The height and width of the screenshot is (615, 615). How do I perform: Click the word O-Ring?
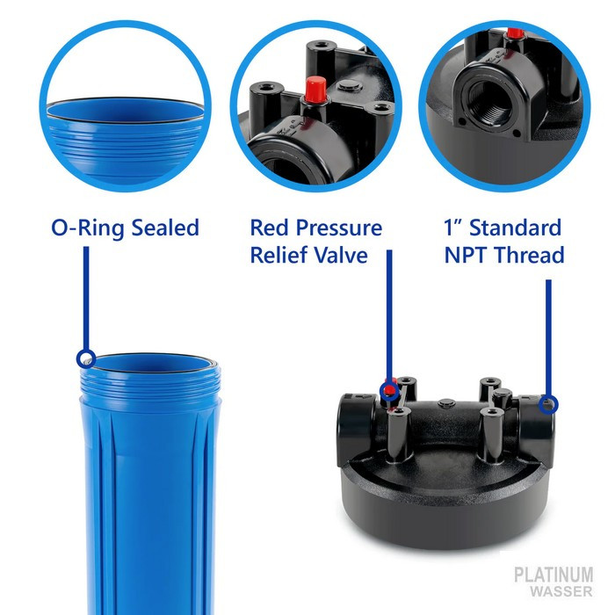tap(88, 228)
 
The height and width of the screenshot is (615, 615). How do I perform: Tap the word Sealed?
tap(165, 228)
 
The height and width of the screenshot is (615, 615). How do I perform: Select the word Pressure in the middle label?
tap(339, 228)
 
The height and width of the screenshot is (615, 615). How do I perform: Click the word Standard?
tap(516, 228)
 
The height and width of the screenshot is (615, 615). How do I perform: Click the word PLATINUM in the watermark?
tap(553, 575)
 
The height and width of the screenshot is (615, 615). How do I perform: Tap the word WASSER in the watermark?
tap(561, 590)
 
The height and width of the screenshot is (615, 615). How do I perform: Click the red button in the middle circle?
tap(315, 88)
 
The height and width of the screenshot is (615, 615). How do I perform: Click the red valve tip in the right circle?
tap(515, 33)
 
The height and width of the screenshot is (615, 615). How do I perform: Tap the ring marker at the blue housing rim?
tap(86, 358)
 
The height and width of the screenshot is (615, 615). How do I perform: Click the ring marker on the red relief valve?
tap(389, 391)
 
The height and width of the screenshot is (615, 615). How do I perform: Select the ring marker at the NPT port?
tap(548, 404)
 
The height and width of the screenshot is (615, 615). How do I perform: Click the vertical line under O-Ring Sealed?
tap(86, 298)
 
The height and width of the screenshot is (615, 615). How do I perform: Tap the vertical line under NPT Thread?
tap(548, 337)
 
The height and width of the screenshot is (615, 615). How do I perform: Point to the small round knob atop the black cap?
tap(446, 402)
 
